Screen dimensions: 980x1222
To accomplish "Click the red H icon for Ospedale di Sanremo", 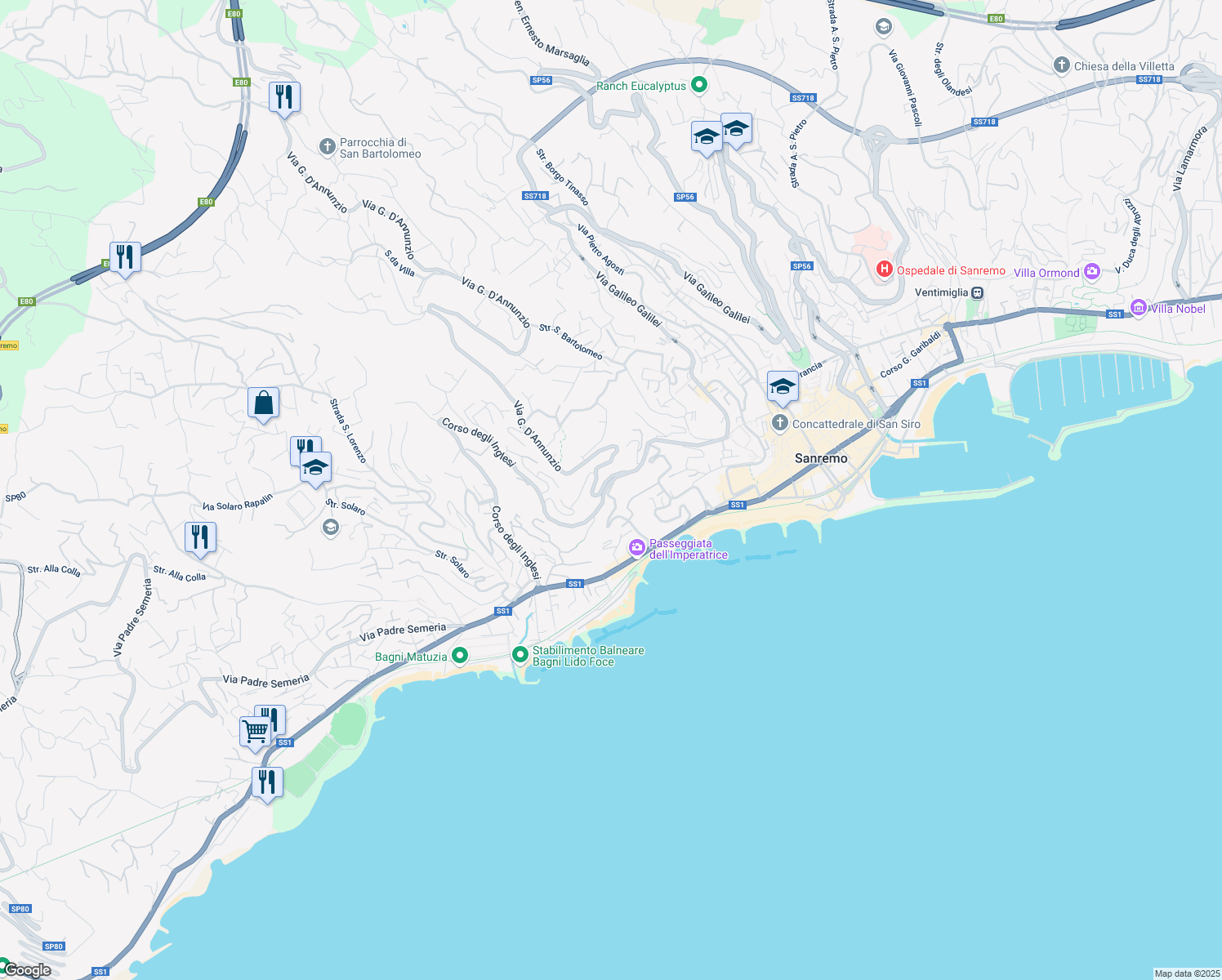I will click(x=884, y=269).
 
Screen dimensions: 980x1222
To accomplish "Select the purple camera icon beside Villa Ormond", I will click(x=1092, y=272).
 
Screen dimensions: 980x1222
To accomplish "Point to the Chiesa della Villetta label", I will click(x=1124, y=66).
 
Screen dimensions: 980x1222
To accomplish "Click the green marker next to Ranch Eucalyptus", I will click(x=698, y=84).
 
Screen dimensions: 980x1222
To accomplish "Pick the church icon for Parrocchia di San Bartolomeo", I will click(x=327, y=147).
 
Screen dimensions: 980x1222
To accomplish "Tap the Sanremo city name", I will click(x=821, y=458).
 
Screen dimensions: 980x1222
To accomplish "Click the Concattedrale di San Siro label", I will click(x=856, y=424).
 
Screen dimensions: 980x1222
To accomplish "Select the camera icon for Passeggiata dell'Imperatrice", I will click(x=637, y=548).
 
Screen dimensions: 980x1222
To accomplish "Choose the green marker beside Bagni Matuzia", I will click(x=460, y=655).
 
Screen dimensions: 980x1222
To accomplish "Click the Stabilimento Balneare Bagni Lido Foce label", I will click(x=588, y=656).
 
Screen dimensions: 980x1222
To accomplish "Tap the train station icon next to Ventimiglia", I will click(x=977, y=292).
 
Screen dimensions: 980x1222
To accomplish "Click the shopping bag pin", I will click(x=263, y=403).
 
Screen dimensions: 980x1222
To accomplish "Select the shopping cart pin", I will click(x=255, y=730).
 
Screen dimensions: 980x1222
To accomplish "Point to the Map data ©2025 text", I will click(x=1187, y=973).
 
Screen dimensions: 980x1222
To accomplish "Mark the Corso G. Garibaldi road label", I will click(x=910, y=354).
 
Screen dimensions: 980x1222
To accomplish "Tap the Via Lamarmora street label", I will click(x=1189, y=159).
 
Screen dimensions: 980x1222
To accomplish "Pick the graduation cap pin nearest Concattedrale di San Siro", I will click(x=783, y=386).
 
